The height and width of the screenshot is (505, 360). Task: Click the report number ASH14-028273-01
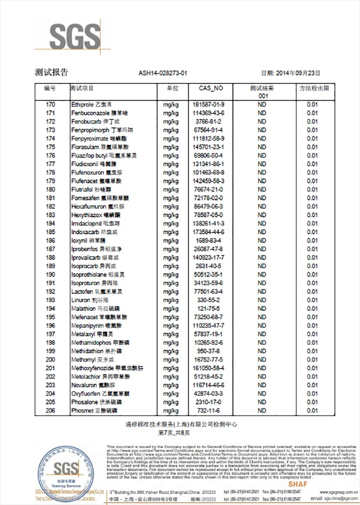point(163,73)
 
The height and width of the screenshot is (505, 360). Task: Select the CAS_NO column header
point(211,89)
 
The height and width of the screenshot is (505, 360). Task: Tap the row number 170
point(50,105)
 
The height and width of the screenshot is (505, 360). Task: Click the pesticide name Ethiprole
point(82,105)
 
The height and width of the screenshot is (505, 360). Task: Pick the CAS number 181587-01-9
point(208,105)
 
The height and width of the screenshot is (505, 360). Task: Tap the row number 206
point(50,411)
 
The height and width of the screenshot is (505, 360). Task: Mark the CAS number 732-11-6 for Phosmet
point(208,411)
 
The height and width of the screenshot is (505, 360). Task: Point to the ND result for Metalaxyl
point(262,334)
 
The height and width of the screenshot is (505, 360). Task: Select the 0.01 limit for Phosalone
point(313,402)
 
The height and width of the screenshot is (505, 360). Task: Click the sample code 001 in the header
point(262,96)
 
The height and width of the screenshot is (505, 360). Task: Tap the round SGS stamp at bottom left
point(67,471)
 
